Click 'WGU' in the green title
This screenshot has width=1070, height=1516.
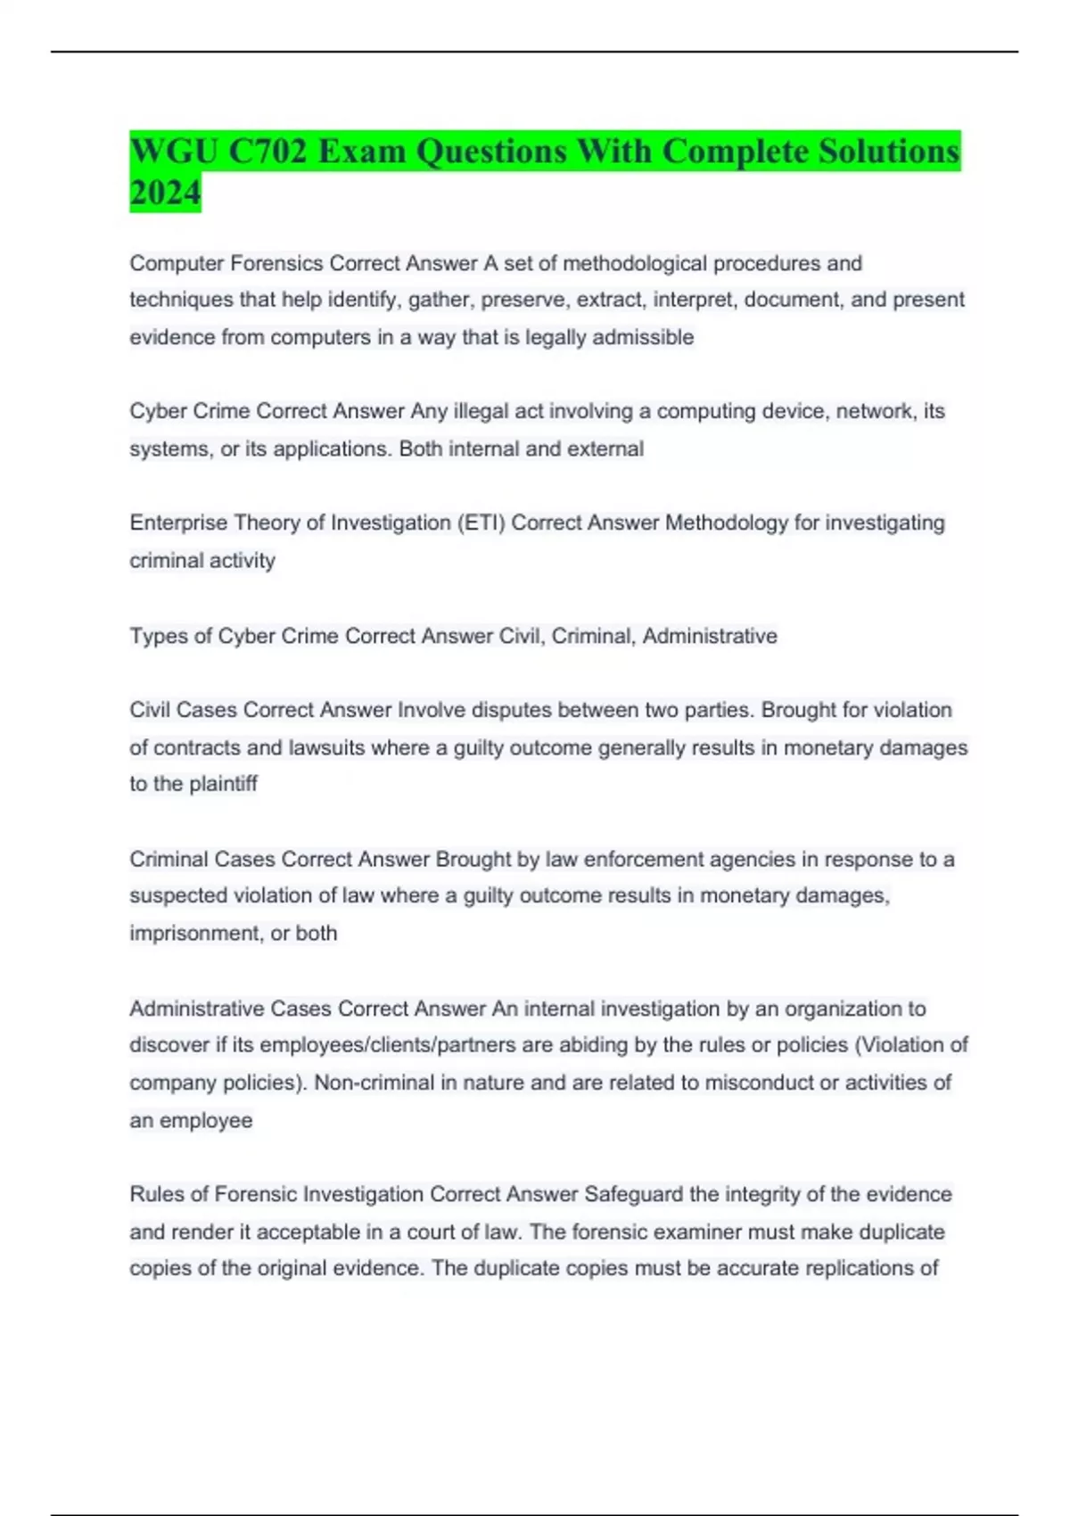pos(175,151)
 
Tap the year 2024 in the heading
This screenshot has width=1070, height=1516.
pos(165,192)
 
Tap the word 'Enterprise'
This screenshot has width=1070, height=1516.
pos(178,523)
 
